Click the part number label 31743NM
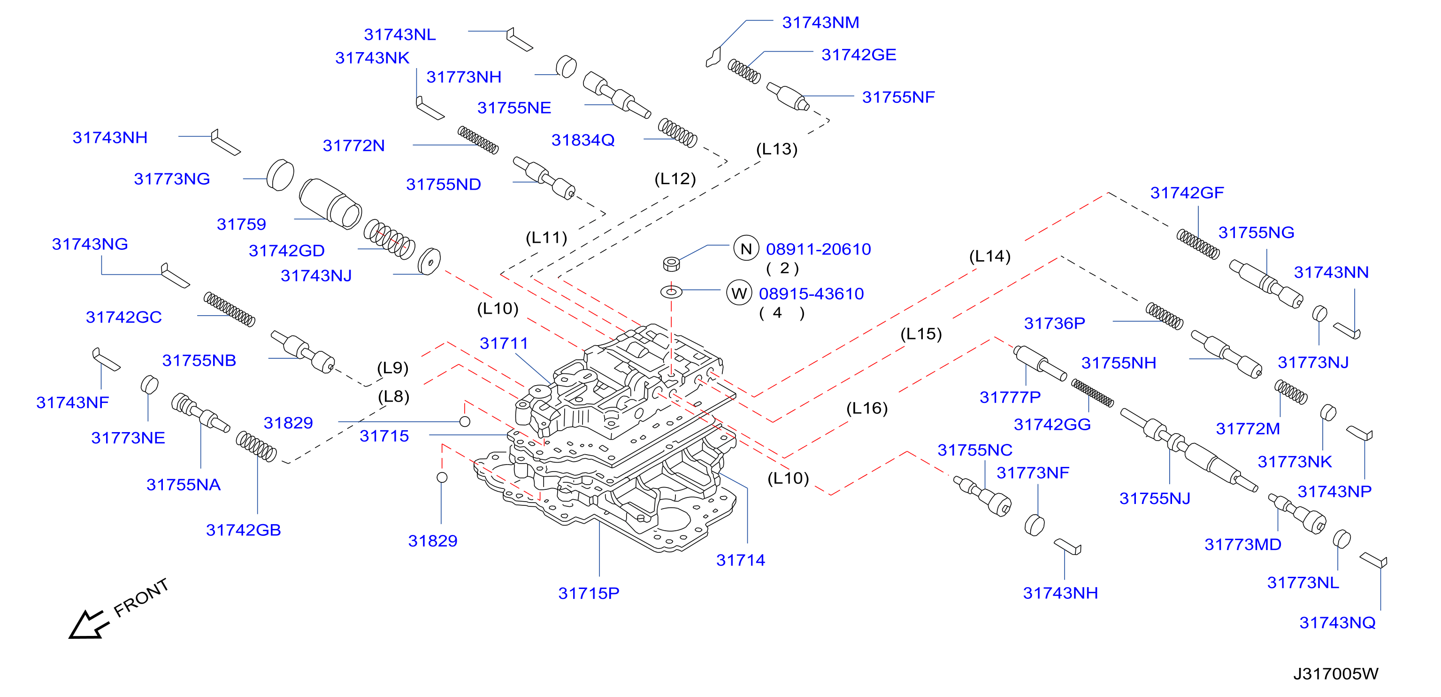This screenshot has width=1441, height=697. coord(820,23)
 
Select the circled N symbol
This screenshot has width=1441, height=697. coord(746,248)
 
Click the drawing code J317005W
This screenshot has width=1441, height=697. coord(1335,674)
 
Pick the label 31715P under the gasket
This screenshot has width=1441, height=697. coord(589,593)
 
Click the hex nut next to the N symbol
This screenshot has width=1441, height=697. coord(671,263)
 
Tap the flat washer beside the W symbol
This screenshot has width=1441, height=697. coord(671,292)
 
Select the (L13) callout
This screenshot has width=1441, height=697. coord(776,149)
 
